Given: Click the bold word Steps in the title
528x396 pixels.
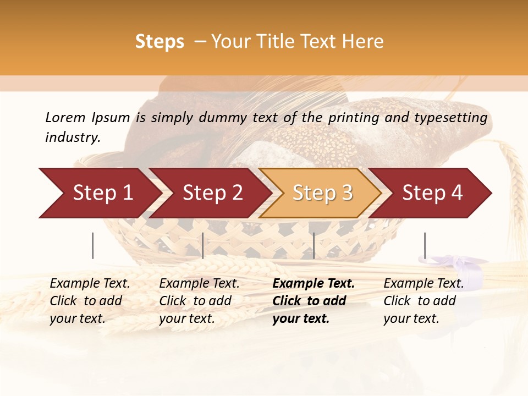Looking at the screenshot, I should [159, 42].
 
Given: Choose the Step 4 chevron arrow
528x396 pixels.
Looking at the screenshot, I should [432, 193].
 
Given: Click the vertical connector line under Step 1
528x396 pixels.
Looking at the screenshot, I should [93, 245].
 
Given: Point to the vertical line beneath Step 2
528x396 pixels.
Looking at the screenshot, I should [203, 245].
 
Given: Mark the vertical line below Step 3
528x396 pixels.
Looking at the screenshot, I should [313, 245].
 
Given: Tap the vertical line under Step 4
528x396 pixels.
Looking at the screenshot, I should [425, 245].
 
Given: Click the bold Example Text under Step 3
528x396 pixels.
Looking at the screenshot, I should [313, 284].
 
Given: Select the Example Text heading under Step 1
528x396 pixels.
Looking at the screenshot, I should [90, 284].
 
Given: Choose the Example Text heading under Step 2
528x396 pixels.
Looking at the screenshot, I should [199, 284].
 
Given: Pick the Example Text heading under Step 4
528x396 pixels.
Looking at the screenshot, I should [424, 284].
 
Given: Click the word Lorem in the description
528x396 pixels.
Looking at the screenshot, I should [65, 117].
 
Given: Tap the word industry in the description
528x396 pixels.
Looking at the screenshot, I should [73, 137].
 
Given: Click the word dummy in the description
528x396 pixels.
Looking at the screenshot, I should [225, 118].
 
